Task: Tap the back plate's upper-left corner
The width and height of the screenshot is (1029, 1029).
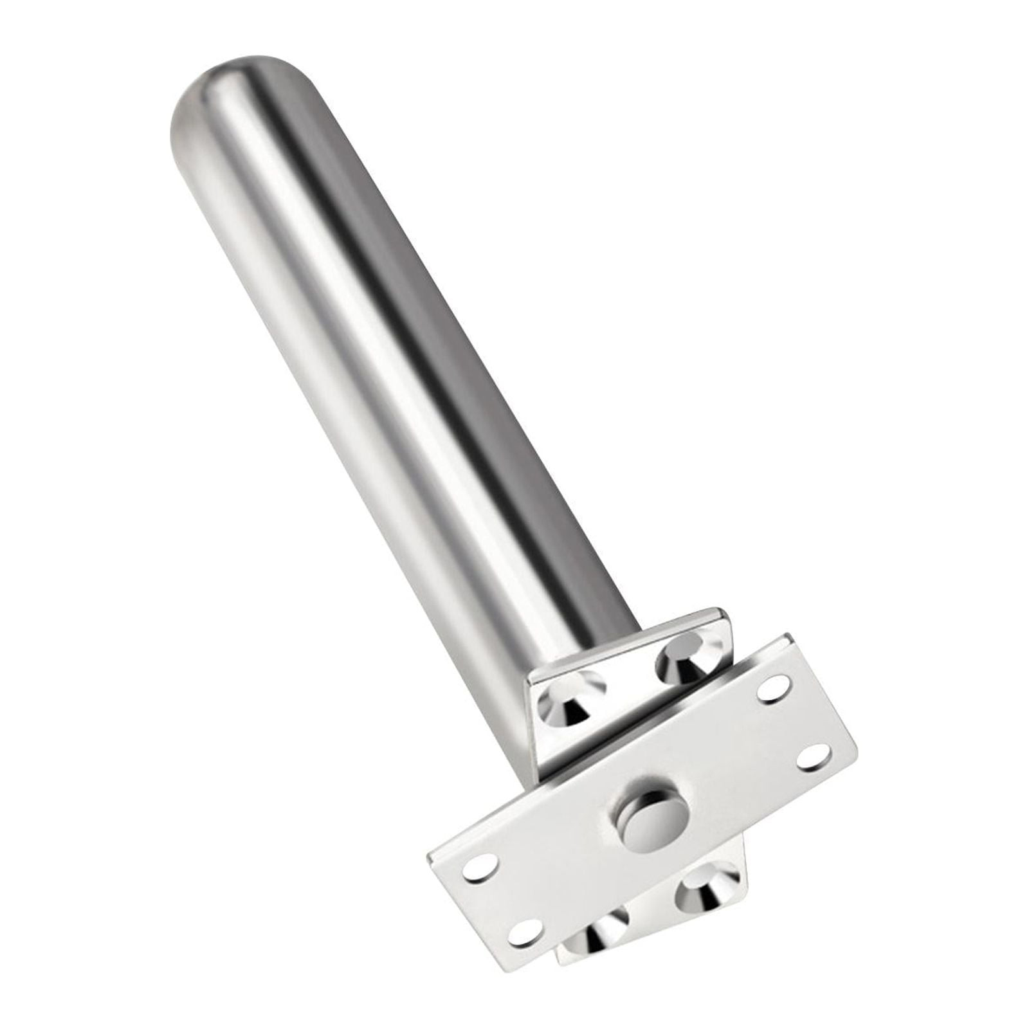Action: point(531,678)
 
